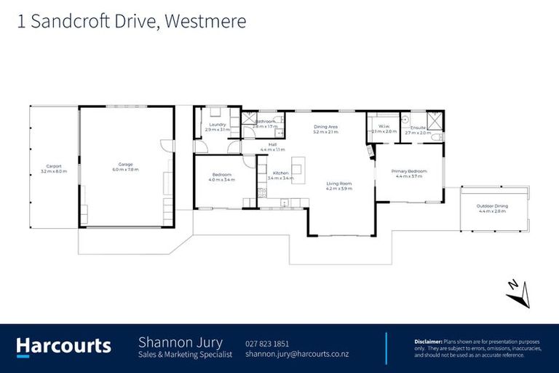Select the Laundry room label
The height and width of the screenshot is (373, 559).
[x=218, y=125]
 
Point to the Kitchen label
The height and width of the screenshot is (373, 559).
[x=281, y=173]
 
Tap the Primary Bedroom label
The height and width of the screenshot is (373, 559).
[x=411, y=171]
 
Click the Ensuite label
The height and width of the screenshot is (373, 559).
[x=418, y=128]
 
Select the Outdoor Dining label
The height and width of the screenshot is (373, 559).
[x=492, y=206]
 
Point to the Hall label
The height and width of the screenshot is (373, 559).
[x=272, y=144]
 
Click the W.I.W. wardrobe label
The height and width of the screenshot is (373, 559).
[x=384, y=127]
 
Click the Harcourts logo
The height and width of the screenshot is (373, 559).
[x=64, y=346]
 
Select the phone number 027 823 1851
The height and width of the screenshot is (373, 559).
[x=267, y=343]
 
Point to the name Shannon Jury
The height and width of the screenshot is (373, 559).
[x=181, y=342]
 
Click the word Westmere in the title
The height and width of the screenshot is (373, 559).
[x=205, y=22]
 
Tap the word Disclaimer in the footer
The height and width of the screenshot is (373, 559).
[x=428, y=341]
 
